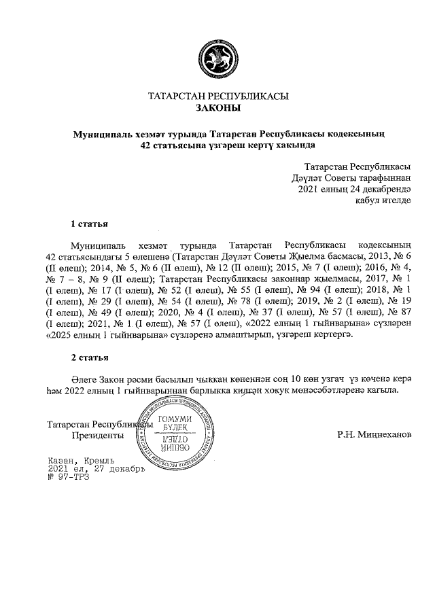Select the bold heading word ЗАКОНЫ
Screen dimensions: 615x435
[217, 107]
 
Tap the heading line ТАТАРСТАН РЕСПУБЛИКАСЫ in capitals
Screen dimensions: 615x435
[217, 96]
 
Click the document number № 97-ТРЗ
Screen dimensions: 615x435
[68, 476]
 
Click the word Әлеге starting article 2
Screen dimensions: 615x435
[84, 378]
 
